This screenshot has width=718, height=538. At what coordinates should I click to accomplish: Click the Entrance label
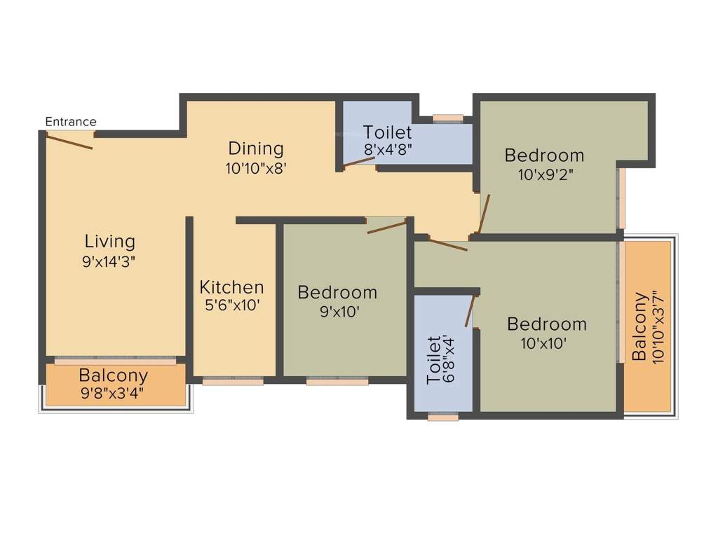coord(71,122)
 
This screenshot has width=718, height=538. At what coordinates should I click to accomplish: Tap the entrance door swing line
coord(69,142)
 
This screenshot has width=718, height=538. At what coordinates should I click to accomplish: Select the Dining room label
coord(256,149)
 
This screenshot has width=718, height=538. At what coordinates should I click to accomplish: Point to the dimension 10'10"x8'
coord(256,168)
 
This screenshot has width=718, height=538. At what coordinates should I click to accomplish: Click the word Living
coord(109,242)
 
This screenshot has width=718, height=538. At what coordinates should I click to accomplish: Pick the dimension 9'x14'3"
coord(109,261)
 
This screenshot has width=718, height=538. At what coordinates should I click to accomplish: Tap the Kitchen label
coord(231,287)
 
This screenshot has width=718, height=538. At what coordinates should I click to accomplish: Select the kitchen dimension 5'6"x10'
coord(231,306)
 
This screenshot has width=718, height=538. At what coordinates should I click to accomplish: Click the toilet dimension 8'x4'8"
coord(387,150)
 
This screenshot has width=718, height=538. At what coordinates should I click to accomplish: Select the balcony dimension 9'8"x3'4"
coord(113,394)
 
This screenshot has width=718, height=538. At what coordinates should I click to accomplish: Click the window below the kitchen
coord(233,382)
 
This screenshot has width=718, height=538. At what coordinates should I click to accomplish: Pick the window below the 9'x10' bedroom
coord(337,382)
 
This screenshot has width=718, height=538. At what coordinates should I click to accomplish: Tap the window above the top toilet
coord(447,118)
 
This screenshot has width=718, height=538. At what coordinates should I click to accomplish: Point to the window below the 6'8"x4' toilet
coord(443,418)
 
